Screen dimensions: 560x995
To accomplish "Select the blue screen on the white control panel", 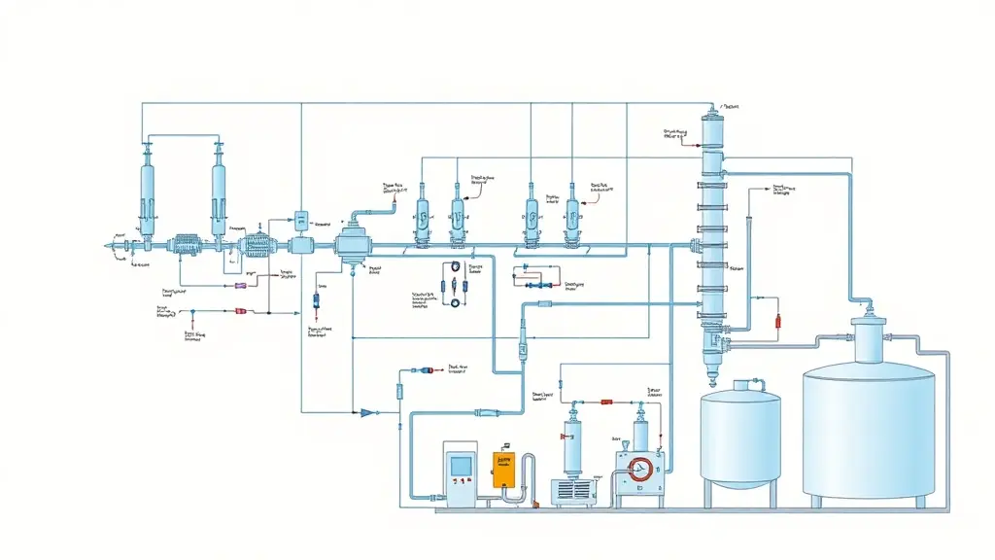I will click(x=460, y=467).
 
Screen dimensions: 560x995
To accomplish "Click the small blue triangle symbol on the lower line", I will click(x=365, y=412).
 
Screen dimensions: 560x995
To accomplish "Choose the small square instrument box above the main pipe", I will click(x=300, y=219).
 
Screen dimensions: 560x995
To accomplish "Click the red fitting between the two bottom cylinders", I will click(x=605, y=400).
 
